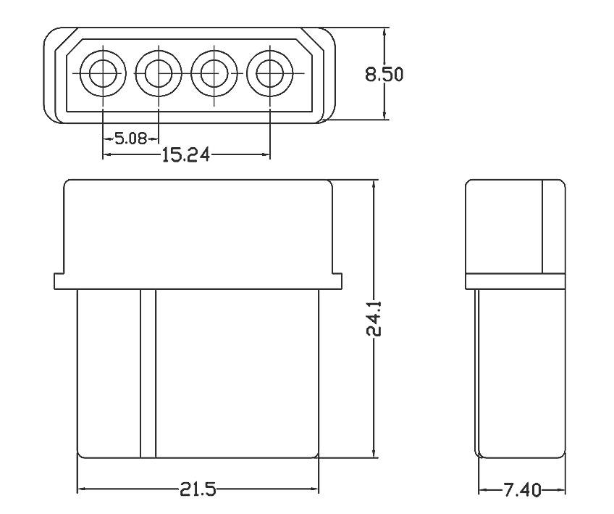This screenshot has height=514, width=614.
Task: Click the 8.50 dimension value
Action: [384, 75]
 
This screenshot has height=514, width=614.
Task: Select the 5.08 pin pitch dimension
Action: [131, 138]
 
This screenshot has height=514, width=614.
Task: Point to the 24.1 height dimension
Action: [374, 320]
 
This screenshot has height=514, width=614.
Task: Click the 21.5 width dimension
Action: [197, 490]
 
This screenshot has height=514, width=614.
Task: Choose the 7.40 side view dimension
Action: [521, 490]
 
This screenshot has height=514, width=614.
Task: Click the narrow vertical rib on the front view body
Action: [148, 373]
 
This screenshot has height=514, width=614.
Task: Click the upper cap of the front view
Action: [198, 225]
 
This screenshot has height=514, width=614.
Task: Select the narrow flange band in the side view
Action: [514, 281]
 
